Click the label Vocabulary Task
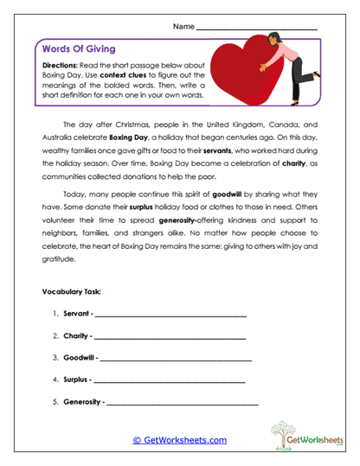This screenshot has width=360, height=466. (x=71, y=290)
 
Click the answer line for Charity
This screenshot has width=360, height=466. (x=170, y=335)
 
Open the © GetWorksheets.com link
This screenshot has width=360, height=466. (x=179, y=440)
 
